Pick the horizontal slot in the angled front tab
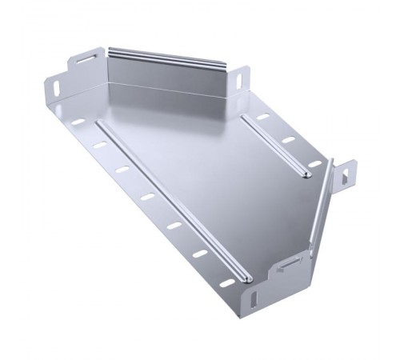point(287,265)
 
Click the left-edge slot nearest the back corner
point(78,122)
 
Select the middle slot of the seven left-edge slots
point(146,195)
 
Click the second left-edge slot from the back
point(98,145)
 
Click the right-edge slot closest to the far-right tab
point(314,163)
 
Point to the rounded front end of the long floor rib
point(245,278)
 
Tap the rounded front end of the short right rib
point(306,173)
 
